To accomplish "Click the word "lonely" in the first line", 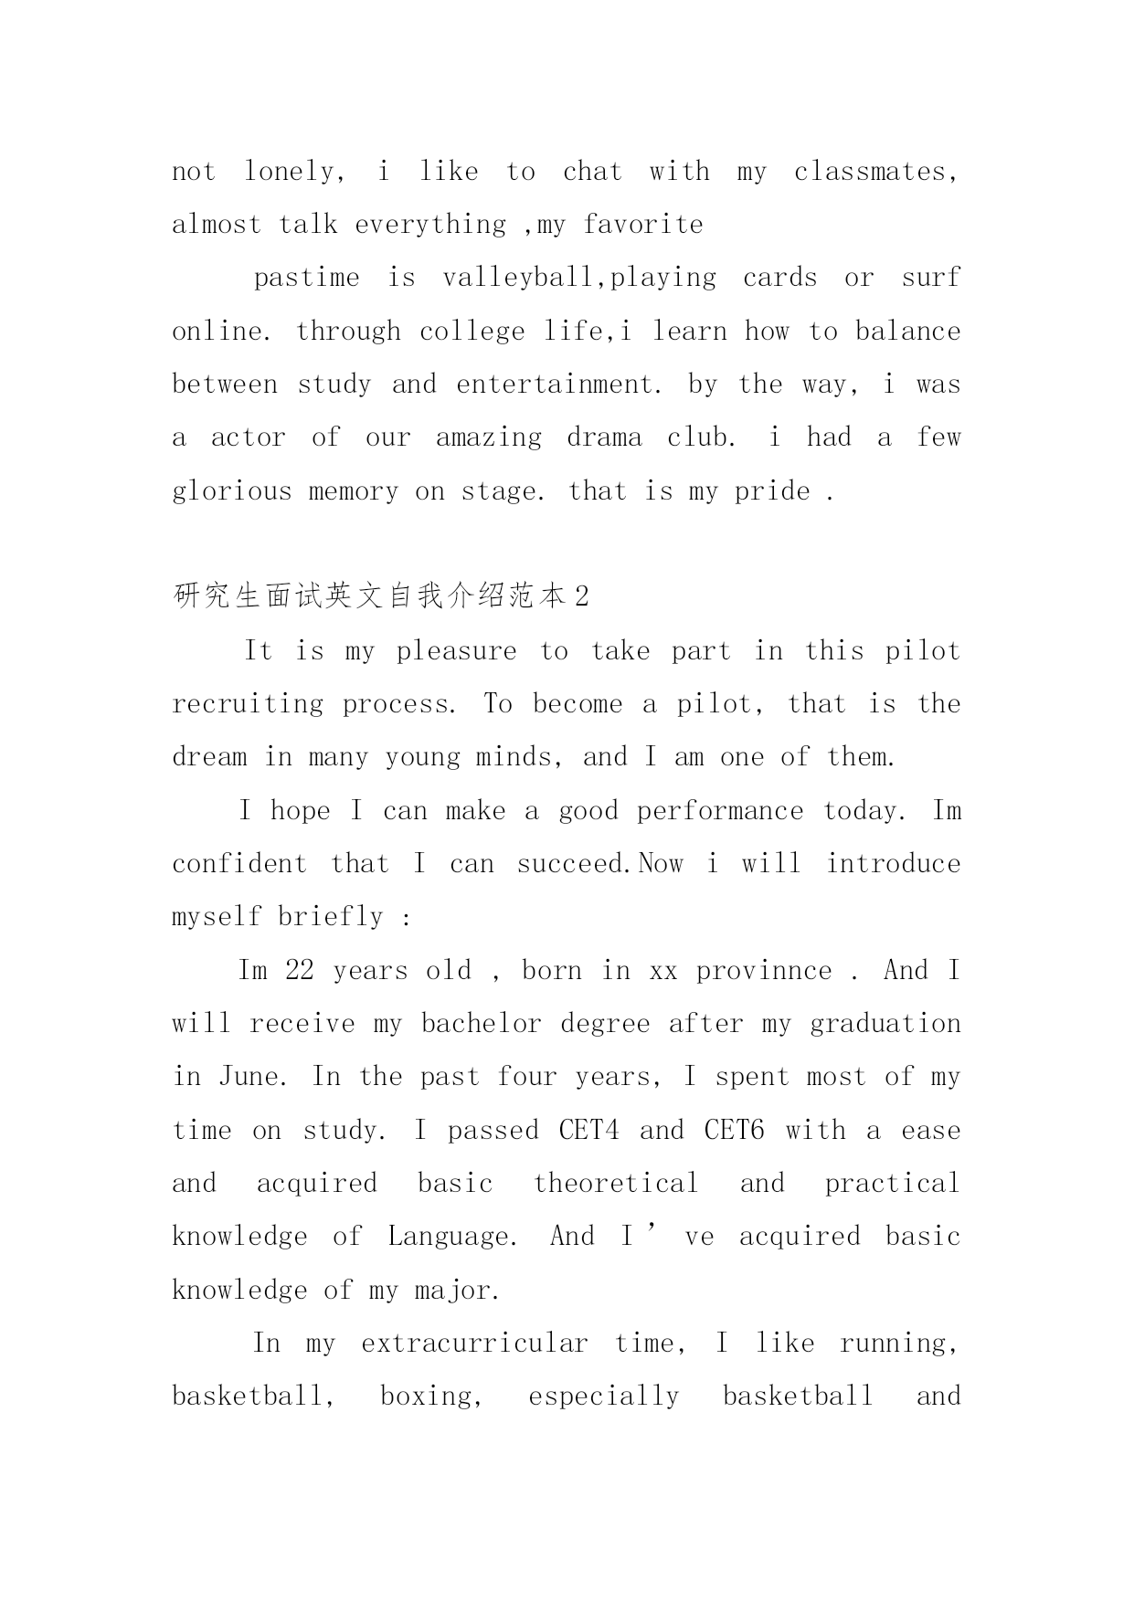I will click(x=291, y=172).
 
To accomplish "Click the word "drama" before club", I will click(x=604, y=437).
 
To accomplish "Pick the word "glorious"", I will click(x=230, y=491).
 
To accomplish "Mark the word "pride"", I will click(x=772, y=491).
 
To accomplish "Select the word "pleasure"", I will click(x=456, y=651).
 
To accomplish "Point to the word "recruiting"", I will click(x=248, y=704).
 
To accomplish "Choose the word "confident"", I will click(x=239, y=864).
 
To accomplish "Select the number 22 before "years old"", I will click(x=300, y=971).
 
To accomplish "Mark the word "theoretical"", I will click(x=616, y=1184).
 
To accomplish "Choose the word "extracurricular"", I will click(x=474, y=1344).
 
